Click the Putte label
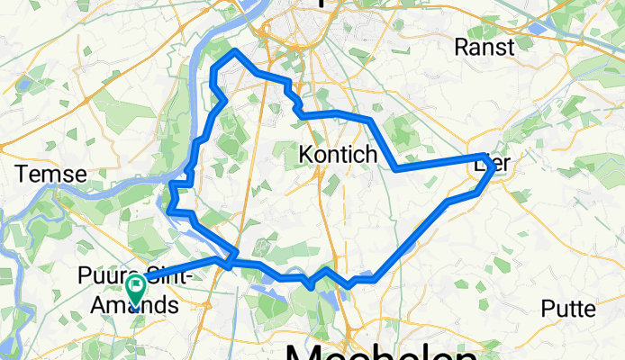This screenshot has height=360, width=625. point(568,309)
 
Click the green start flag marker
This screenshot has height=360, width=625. point(137,289)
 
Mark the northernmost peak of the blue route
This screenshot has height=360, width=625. point(235,52)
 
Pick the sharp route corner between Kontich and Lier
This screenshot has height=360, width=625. point(397,167)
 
